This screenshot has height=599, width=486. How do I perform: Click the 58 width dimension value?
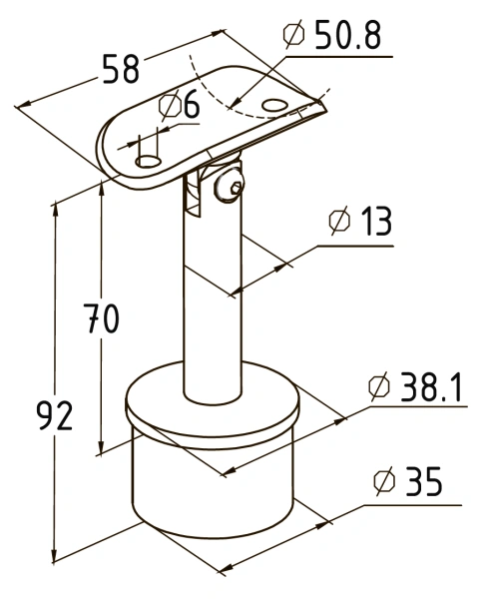point(121,69)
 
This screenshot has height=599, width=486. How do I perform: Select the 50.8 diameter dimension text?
point(348,35)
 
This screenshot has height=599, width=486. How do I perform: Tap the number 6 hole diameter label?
point(192,104)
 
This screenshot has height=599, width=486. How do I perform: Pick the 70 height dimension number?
point(101,317)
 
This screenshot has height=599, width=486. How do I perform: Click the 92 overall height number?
point(55,416)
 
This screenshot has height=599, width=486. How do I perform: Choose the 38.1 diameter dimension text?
point(431,387)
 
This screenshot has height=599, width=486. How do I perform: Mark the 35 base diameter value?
point(423,481)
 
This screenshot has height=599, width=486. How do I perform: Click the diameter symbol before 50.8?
point(294,34)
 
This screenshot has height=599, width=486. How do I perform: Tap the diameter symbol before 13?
point(339,221)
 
